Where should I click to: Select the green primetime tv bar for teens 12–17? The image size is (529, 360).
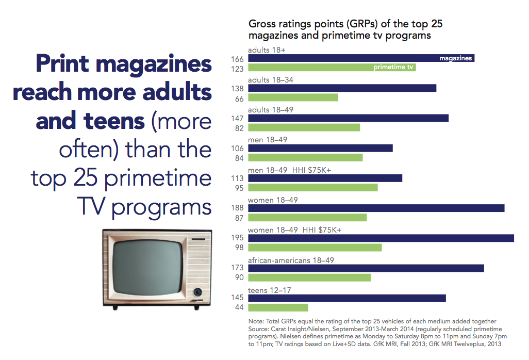click(x=278, y=307)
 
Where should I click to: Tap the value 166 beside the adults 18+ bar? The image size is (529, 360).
click(x=238, y=59)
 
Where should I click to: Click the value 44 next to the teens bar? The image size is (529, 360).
click(x=240, y=308)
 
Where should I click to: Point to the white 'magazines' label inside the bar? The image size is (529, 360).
click(x=455, y=59)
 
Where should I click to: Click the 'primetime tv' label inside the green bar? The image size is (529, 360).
click(x=393, y=68)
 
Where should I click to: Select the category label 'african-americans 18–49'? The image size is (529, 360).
click(x=291, y=260)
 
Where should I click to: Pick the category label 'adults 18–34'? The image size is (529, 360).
click(x=271, y=80)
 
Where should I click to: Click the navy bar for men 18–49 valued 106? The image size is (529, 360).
click(x=320, y=149)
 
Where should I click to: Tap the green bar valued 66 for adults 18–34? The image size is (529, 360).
click(x=293, y=98)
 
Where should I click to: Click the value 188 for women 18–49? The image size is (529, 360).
click(x=238, y=208)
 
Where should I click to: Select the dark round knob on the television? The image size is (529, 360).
click(x=197, y=292)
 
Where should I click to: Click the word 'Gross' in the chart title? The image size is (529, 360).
click(x=262, y=24)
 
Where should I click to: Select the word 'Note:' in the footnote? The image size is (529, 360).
click(x=257, y=321)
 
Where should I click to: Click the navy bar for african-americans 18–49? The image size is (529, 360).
click(x=366, y=268)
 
